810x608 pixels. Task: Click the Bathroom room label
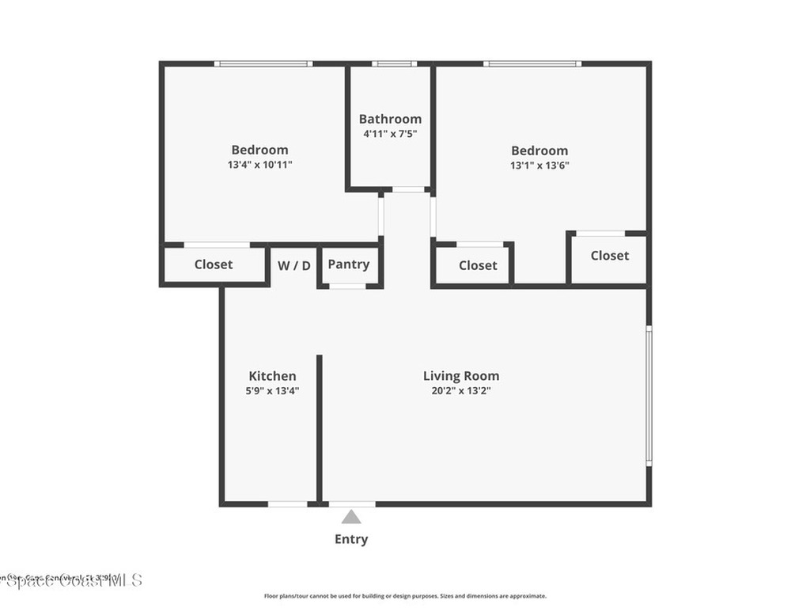pos(390,119)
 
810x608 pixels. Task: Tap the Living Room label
pos(461,376)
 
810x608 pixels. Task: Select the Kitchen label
pos(272,376)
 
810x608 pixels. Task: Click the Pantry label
pos(348,264)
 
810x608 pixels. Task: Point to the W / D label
pos(294,265)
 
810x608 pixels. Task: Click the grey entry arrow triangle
pos(351,517)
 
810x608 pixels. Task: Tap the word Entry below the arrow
pos(351,539)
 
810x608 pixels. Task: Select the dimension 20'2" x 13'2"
pos(461,390)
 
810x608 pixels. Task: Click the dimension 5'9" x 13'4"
pos(272,390)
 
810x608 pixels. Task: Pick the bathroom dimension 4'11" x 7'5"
pos(390,134)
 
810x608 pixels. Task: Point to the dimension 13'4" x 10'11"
pos(259,165)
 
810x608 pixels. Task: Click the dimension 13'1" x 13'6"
pos(539,165)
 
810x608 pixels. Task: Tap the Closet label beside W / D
pos(214,264)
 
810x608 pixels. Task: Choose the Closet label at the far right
pos(610,255)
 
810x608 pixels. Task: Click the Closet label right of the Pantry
pos(478,265)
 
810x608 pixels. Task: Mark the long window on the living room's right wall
pos(649,396)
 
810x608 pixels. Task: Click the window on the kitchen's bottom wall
pos(287,503)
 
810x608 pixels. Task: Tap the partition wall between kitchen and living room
pos(320,427)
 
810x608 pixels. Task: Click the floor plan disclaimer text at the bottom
pos(404,596)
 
